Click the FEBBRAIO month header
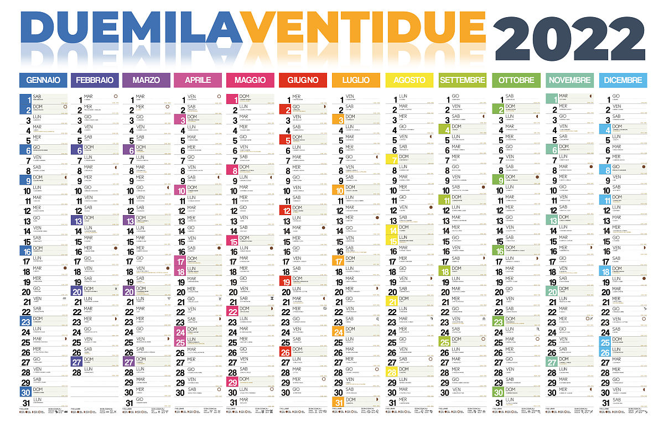tap(96, 80)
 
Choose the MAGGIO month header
tap(250, 80)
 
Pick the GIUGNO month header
tap(303, 80)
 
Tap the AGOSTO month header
tap(409, 80)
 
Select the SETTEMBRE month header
tap(462, 80)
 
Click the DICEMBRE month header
tap(622, 80)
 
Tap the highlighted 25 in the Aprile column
tap(180, 342)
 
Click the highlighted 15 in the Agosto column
tap(392, 241)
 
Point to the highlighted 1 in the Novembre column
tap(553, 100)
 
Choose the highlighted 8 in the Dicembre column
tap(606, 170)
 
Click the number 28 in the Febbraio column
tap(77, 372)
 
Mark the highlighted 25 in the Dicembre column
tap(605, 342)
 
